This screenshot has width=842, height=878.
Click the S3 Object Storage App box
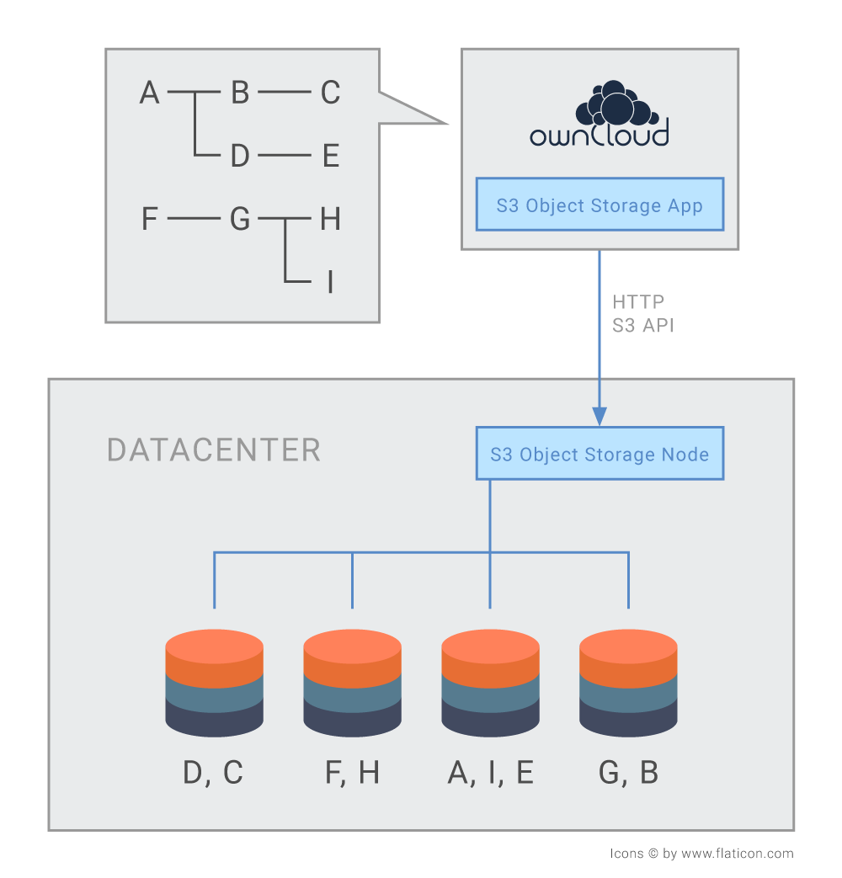point(600,205)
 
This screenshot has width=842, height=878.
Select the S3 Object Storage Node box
point(600,454)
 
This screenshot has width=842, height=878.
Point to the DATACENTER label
point(213,450)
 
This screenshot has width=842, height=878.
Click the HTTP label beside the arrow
point(638,302)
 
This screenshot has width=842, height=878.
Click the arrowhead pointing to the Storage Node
point(600,416)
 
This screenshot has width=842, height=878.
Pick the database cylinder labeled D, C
point(214,683)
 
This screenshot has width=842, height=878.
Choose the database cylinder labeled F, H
point(352,683)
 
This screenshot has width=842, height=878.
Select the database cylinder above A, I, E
point(490,683)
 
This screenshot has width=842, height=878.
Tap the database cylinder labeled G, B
point(628,683)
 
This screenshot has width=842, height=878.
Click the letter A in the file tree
point(150,93)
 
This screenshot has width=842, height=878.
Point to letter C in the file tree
point(331,93)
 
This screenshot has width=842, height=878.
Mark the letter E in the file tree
point(331,156)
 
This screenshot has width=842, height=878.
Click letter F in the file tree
point(149,218)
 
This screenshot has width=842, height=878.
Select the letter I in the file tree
point(331,282)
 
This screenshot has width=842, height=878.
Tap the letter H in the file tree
point(331,218)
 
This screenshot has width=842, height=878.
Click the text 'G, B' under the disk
point(628,773)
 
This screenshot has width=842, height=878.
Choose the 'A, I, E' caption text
point(490,773)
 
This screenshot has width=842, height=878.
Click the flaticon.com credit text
point(701,854)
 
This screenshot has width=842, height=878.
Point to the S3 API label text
point(643,325)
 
